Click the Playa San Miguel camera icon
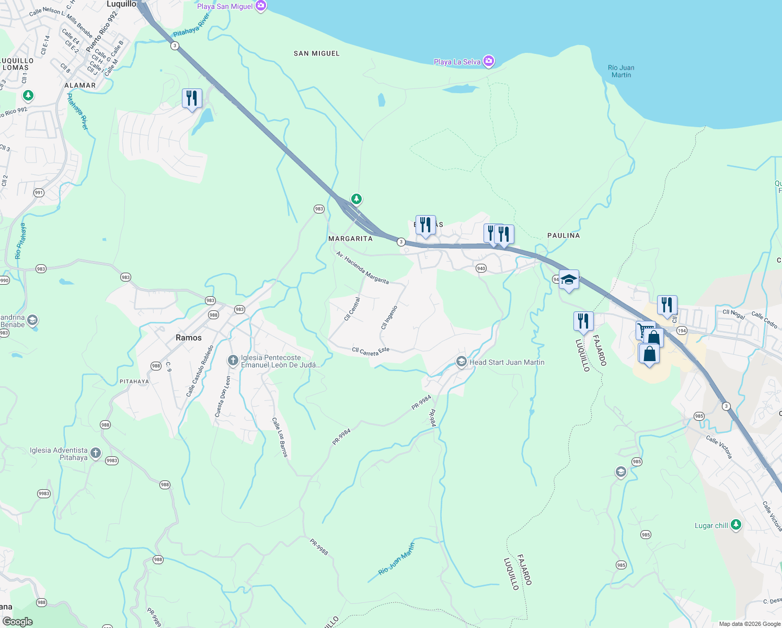coord(261,6)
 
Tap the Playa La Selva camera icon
coord(489,62)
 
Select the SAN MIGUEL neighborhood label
coord(316,53)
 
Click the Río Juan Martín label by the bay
coord(621,71)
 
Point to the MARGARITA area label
coord(350,239)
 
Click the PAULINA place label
coord(563,235)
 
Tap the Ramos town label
coord(189,338)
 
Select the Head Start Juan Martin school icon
coord(461,362)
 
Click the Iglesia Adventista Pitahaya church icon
coord(95,453)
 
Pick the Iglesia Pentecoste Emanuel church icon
coord(233,361)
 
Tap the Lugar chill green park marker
coord(736,524)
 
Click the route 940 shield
coord(481,268)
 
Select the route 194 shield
coord(682,331)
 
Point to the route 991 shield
coord(39,193)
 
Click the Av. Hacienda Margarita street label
coord(362,267)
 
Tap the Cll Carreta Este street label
coord(371,352)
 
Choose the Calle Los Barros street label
coord(280,437)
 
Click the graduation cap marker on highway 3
coord(569,280)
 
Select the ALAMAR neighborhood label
coord(80,85)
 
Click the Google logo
coord(18,622)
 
